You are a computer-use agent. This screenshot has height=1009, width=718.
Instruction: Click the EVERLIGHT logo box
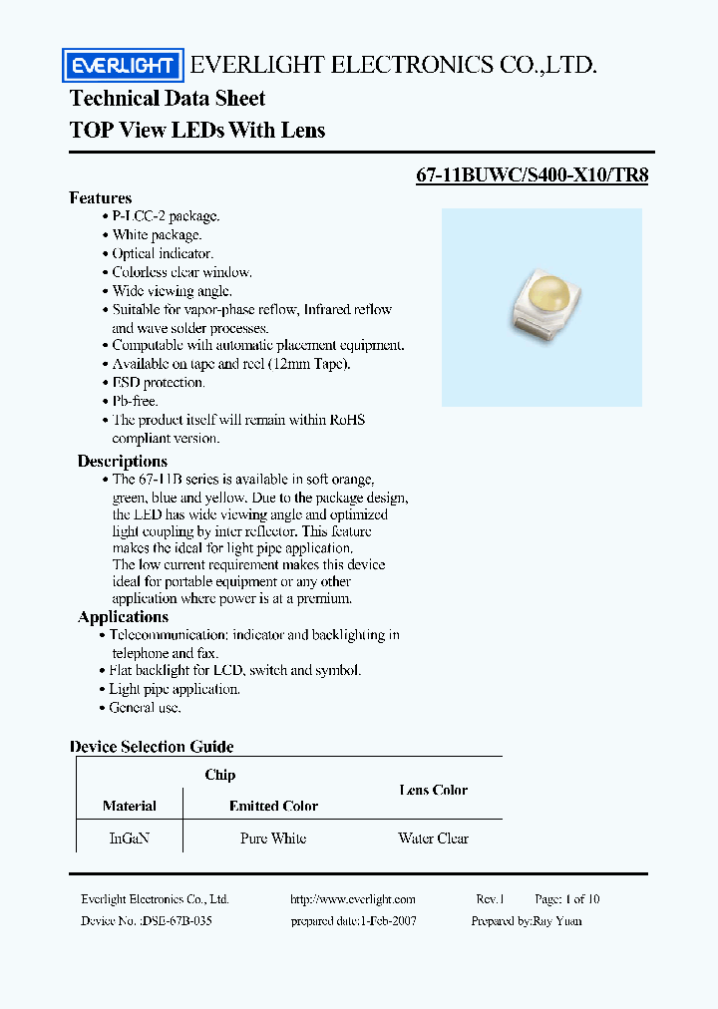pos(124,67)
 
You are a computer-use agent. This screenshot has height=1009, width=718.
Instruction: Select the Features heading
pos(101,197)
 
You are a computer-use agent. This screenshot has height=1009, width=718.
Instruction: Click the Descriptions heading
pos(123,462)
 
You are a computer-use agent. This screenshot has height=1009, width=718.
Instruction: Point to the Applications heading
pos(123,617)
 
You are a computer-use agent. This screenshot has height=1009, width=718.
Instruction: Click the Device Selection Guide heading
pos(152,747)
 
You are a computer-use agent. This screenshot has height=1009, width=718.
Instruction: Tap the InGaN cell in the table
pos(129,839)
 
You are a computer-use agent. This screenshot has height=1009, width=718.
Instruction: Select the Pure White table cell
pos(273,839)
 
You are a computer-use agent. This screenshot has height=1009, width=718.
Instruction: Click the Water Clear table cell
pos(433,839)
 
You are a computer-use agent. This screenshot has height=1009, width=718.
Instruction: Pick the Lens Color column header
pos(433,790)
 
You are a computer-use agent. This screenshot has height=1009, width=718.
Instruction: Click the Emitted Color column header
pos(273,806)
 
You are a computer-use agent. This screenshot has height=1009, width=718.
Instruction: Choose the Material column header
pos(129,806)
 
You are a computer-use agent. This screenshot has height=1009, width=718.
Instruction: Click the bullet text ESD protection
pos(158,383)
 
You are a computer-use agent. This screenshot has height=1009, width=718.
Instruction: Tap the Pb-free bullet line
pos(135,401)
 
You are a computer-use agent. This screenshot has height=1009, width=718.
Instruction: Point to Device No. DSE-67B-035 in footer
pos(147,921)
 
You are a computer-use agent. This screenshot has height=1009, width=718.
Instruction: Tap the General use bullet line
pos(145,708)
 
